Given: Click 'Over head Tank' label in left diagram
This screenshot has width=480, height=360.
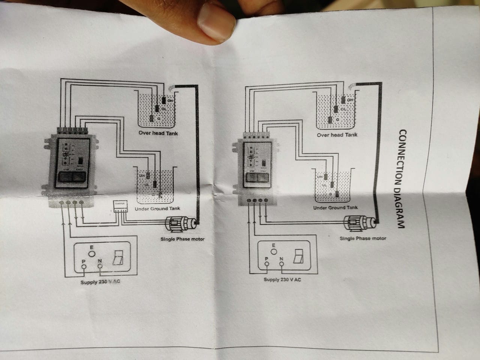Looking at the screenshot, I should pyautogui.click(x=158, y=133).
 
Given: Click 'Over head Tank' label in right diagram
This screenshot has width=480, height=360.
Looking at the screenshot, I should pyautogui.click(x=337, y=135).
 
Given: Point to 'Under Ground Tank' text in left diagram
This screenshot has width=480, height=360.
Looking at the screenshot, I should pyautogui.click(x=157, y=208).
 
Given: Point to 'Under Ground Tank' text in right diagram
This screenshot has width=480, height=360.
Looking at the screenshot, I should pyautogui.click(x=335, y=207).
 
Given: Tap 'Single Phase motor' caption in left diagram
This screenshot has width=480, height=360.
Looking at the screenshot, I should pyautogui.click(x=183, y=239).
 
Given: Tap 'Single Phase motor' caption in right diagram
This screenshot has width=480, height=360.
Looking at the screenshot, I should pyautogui.click(x=363, y=238).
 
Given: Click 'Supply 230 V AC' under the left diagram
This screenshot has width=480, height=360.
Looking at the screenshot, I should pyautogui.click(x=100, y=282).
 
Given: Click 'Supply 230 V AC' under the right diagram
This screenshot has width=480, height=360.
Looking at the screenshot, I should pyautogui.click(x=282, y=280).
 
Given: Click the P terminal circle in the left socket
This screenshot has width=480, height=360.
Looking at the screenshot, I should pyautogui.click(x=84, y=267).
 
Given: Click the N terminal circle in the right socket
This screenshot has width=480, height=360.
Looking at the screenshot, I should pyautogui.click(x=281, y=264).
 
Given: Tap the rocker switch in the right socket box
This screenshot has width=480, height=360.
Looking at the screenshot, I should pyautogui.click(x=299, y=256).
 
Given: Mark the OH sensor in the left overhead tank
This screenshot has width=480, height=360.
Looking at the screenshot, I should pyautogui.click(x=164, y=100).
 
